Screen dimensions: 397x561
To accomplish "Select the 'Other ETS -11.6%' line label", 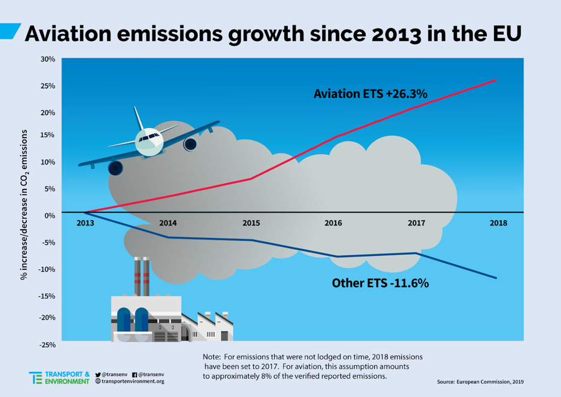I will coord(380,283).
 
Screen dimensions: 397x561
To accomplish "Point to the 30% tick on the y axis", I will coord(48,59).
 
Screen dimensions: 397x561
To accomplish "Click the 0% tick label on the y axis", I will coord(49,215).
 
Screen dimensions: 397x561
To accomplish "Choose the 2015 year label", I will coord(251,223).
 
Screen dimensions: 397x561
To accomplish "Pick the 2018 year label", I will coord(498,223).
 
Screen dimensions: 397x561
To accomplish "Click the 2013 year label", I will coord(85,223).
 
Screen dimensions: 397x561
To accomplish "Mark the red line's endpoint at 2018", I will coord(496,80).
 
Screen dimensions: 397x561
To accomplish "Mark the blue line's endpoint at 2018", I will coord(496,278).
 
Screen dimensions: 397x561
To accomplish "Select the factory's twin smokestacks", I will coord(142,276).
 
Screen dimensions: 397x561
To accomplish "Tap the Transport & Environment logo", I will coord(59,377).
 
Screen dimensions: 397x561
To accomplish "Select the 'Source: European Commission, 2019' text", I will coord(480,381).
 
